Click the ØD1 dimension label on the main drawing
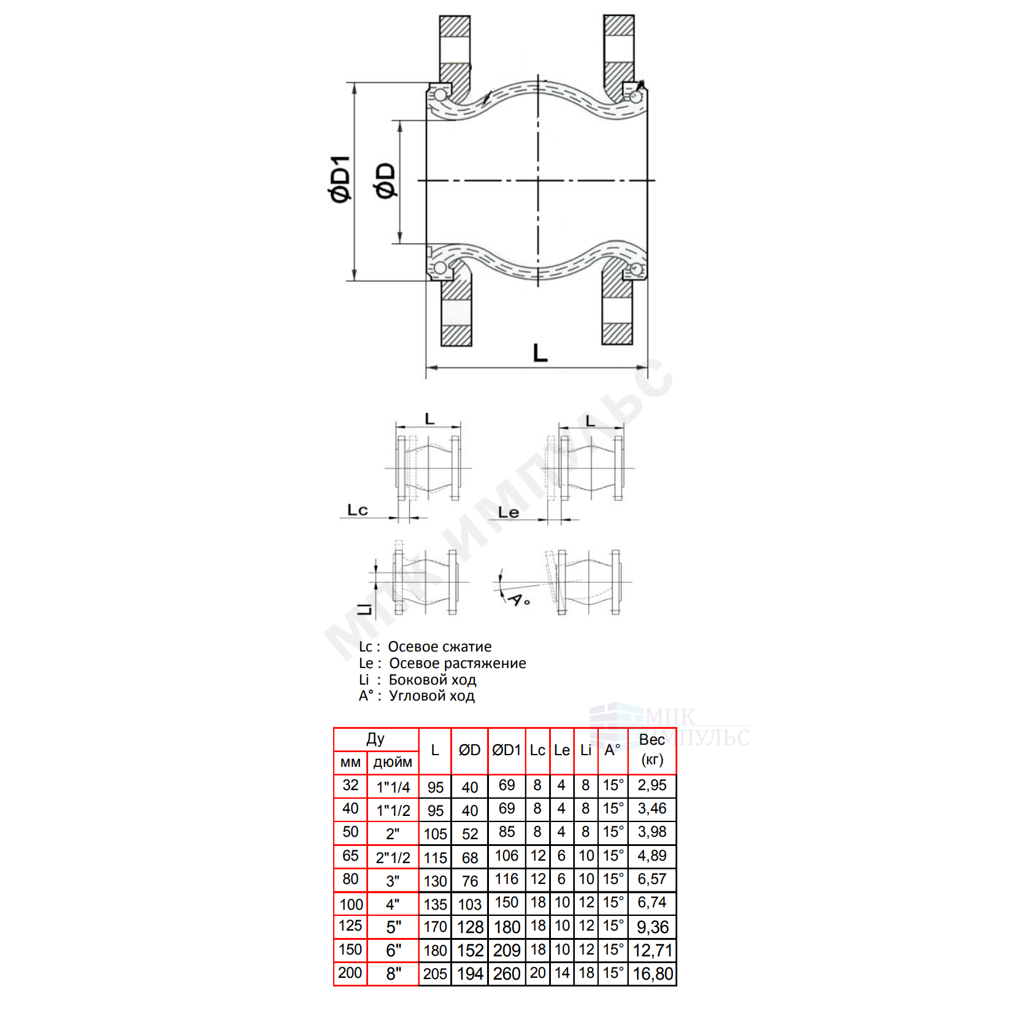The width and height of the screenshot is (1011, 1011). tap(340, 179)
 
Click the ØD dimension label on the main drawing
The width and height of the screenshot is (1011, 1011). tap(386, 180)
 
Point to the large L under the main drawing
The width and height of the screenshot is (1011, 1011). tap(540, 353)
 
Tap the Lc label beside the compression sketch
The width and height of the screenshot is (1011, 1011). tap(358, 510)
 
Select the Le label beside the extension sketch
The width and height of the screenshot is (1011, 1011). tap(509, 512)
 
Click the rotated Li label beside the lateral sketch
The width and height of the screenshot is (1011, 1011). tap(365, 607)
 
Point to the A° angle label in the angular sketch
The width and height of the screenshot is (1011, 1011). tap(519, 599)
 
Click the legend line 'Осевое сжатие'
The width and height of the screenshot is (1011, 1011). tap(440, 647)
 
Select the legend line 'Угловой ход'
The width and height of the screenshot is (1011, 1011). tap(432, 696)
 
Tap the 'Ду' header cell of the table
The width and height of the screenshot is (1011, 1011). tap(375, 739)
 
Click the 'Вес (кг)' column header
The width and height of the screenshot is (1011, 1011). tap(652, 750)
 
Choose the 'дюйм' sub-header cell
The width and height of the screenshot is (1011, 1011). tap(393, 762)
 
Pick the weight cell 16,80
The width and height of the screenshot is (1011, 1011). tap(653, 974)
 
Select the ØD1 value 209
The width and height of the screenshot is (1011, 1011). tap(507, 950)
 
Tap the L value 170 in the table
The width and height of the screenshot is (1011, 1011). tap(435, 926)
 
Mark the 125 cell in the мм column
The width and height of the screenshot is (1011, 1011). tap(350, 926)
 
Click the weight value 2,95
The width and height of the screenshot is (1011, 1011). tap(652, 785)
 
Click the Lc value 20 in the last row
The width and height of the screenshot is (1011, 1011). tap(538, 973)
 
